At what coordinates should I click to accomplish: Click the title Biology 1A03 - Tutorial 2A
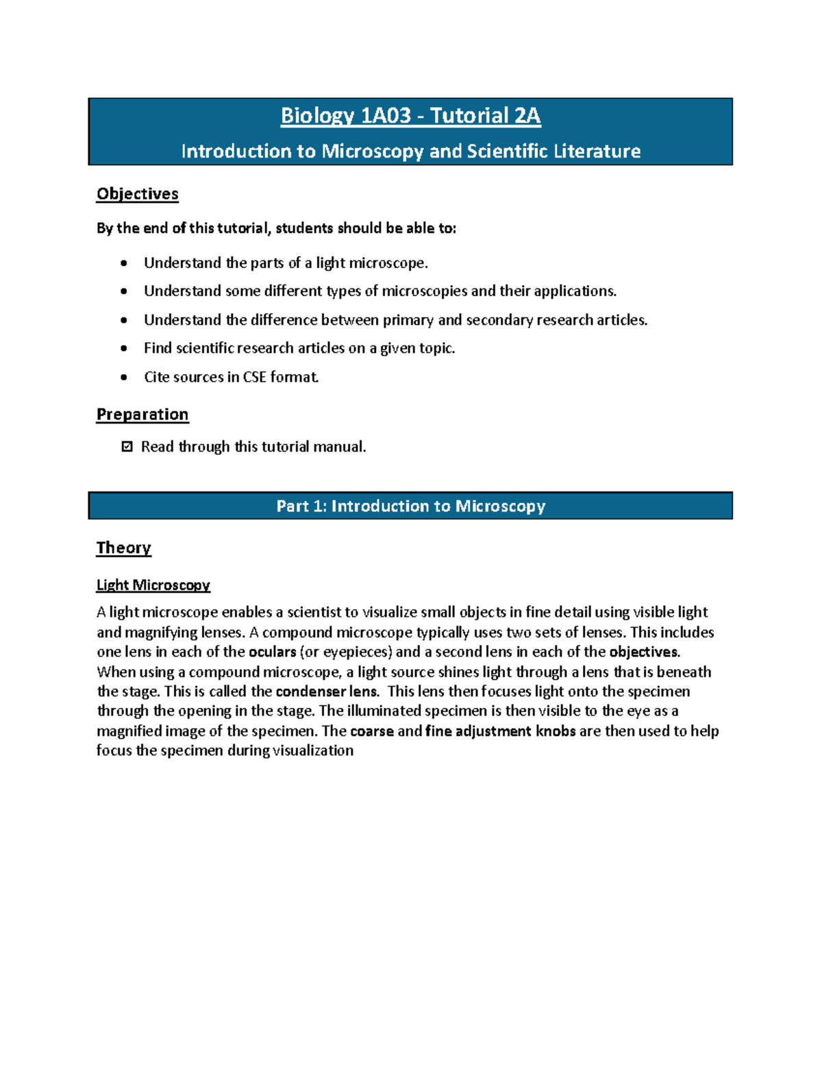click(410, 115)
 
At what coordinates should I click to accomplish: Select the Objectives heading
click(137, 194)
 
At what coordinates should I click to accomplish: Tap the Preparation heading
click(142, 415)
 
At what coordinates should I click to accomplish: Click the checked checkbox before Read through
click(127, 447)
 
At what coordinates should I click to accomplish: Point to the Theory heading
click(123, 548)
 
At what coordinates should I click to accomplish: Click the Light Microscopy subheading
click(153, 585)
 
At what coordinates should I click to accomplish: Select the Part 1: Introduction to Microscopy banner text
click(410, 506)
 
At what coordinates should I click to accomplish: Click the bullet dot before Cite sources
click(123, 377)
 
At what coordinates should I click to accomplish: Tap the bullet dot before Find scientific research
click(123, 348)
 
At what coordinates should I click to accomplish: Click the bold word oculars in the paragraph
click(272, 652)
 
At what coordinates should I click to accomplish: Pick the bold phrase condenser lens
click(326, 691)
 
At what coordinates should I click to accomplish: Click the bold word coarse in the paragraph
click(371, 731)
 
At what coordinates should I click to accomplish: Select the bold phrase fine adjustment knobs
click(500, 731)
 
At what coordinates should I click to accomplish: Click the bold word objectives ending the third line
click(643, 652)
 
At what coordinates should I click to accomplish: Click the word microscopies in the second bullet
click(424, 291)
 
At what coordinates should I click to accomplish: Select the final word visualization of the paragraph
click(313, 750)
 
